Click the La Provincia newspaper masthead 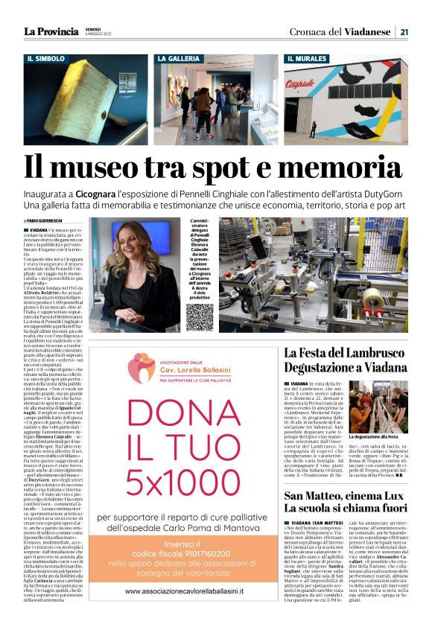point(51,31)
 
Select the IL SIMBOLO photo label point(45,58)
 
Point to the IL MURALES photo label point(307,58)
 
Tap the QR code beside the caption point(199,317)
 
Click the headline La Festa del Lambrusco point(343,353)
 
